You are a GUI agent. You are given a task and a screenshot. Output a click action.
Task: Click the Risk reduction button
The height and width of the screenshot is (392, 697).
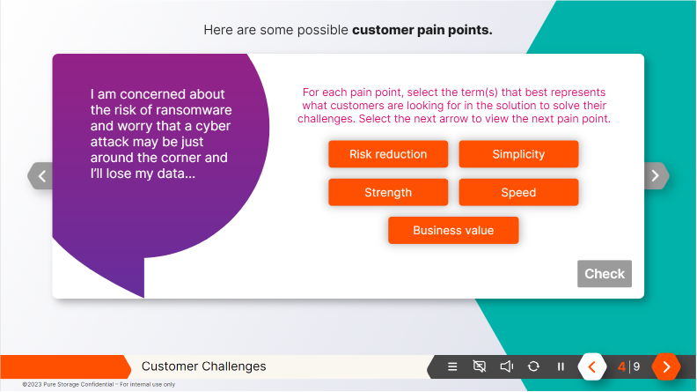tap(388, 154)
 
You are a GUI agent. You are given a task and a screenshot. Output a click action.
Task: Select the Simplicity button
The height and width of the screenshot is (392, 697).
tap(518, 154)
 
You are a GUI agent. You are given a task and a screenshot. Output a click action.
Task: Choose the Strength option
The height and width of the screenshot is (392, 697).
tap(388, 192)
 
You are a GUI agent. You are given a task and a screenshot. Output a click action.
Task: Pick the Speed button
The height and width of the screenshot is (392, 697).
tap(518, 192)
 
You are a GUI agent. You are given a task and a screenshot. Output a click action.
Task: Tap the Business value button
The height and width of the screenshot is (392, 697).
tap(453, 230)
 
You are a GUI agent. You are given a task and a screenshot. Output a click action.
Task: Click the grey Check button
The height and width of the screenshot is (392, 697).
tap(605, 274)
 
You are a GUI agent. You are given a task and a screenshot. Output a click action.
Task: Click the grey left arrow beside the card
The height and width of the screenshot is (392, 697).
tap(41, 176)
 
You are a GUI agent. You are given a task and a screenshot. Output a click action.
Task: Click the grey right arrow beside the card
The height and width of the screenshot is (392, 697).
tap(655, 176)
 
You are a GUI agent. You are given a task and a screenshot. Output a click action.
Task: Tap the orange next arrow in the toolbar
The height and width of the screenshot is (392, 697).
tap(666, 366)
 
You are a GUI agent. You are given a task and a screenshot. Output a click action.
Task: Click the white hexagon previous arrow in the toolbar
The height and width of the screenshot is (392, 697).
tap(591, 366)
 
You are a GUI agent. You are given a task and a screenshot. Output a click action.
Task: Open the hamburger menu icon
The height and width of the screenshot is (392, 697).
tap(452, 366)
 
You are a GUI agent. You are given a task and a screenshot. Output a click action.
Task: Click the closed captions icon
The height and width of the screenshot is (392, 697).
tap(479, 366)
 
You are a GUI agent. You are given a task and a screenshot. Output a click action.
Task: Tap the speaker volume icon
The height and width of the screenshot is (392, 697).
tap(506, 366)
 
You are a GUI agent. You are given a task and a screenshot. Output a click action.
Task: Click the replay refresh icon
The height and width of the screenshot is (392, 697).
tap(533, 366)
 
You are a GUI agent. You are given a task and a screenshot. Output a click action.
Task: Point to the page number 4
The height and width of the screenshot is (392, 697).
tap(621, 366)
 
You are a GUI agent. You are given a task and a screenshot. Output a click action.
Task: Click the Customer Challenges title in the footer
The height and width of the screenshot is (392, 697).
tap(203, 366)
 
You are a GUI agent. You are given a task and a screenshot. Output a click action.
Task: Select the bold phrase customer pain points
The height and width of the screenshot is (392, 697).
tap(422, 30)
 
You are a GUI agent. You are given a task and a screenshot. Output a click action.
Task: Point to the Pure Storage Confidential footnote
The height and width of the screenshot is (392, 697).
tap(99, 384)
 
